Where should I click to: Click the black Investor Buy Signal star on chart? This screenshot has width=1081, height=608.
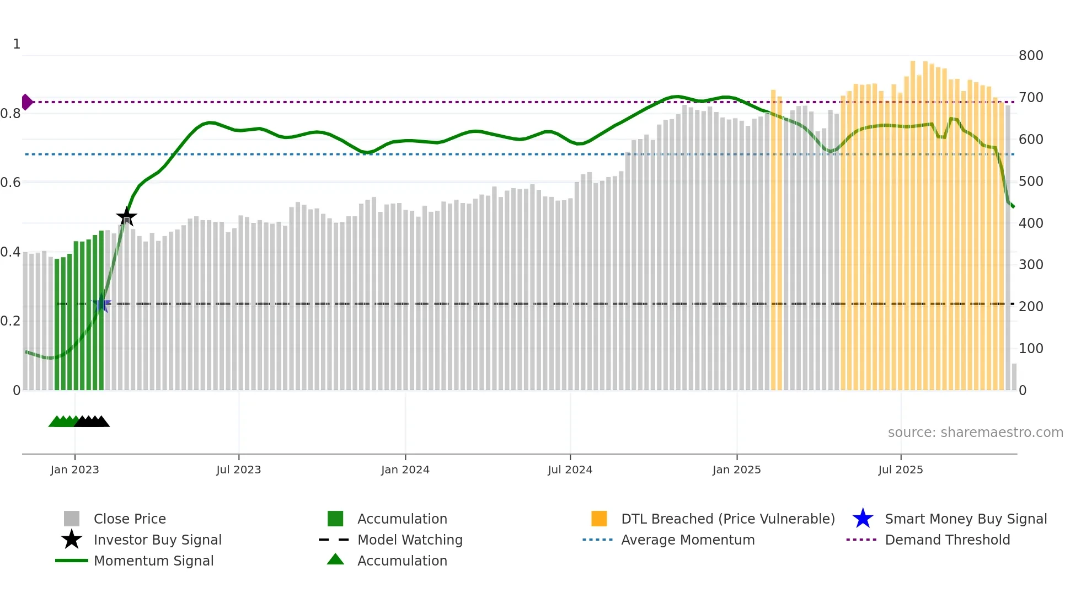pyautogui.click(x=126, y=217)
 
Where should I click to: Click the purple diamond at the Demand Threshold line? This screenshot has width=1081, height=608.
pyautogui.click(x=26, y=102)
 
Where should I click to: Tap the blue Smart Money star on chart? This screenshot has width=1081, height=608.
pyautogui.click(x=101, y=304)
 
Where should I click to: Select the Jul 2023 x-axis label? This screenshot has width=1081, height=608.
pyautogui.click(x=238, y=470)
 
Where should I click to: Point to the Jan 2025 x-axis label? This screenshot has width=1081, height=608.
pyautogui.click(x=736, y=470)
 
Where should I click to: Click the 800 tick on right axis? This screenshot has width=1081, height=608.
pyautogui.click(x=1030, y=56)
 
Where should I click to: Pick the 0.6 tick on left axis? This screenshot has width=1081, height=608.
pyautogui.click(x=10, y=183)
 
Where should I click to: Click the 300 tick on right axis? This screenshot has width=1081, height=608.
pyautogui.click(x=1030, y=265)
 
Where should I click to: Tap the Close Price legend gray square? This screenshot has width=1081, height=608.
pyautogui.click(x=72, y=519)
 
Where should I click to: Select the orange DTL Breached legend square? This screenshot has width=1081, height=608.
pyautogui.click(x=599, y=519)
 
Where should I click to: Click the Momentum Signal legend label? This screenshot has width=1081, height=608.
pyautogui.click(x=153, y=561)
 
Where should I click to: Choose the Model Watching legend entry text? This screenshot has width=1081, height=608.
pyautogui.click(x=410, y=540)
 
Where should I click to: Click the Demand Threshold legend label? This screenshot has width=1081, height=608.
pyautogui.click(x=947, y=540)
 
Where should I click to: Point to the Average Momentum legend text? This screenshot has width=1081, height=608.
pyautogui.click(x=688, y=540)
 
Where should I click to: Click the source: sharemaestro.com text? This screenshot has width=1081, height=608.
pyautogui.click(x=975, y=433)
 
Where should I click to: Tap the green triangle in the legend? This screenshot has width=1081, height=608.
pyautogui.click(x=335, y=560)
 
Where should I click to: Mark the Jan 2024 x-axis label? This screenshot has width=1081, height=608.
pyautogui.click(x=405, y=470)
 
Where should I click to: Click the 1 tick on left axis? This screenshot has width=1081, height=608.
pyautogui.click(x=17, y=44)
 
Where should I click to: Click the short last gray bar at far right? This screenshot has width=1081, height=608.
pyautogui.click(x=1014, y=377)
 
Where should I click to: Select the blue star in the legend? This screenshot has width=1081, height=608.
pyautogui.click(x=863, y=519)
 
